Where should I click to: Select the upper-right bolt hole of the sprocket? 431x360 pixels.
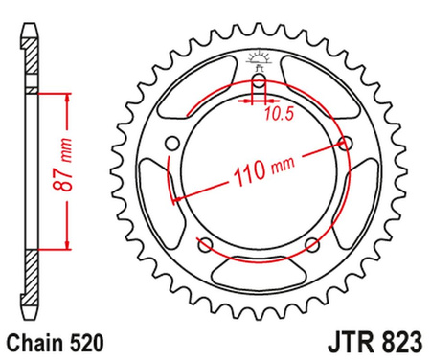coord(345,144)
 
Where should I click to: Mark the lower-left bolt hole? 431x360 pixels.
coord(205,244)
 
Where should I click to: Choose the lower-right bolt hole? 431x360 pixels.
coord(311,244)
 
